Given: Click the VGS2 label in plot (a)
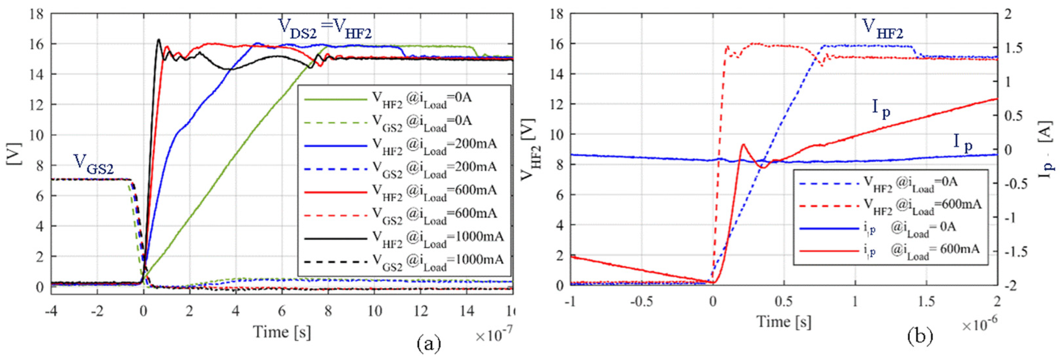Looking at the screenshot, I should pyautogui.click(x=93, y=164).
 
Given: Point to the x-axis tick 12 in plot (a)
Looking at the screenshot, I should pyautogui.click(x=421, y=311).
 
